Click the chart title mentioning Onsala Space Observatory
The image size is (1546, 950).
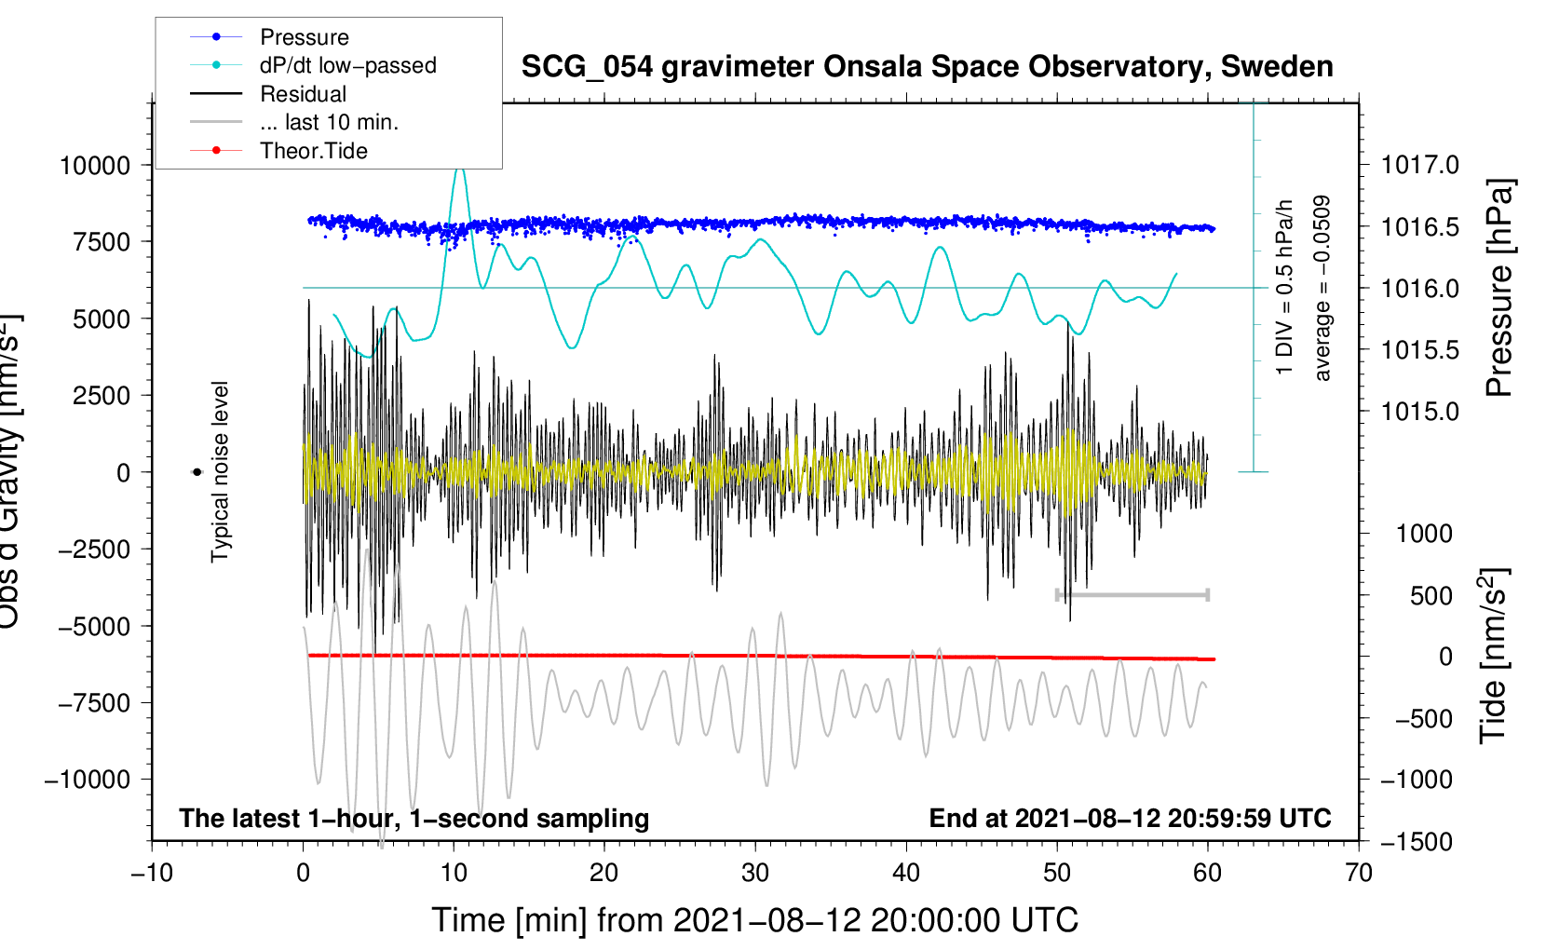coord(927,67)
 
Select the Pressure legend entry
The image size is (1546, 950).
coord(304,37)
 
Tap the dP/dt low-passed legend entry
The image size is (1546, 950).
coord(347,65)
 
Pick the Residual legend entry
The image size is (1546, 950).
coord(303,94)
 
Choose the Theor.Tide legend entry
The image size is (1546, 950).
coord(313,151)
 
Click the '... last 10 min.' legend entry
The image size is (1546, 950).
coord(329,122)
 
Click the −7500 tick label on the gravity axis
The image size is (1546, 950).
coord(94,703)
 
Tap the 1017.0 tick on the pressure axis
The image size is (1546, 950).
coord(1419,166)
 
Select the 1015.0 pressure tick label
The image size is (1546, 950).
coord(1419,412)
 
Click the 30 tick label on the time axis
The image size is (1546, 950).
coord(755,874)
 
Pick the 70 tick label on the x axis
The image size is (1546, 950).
coord(1359,874)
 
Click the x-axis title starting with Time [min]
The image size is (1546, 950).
coord(755,920)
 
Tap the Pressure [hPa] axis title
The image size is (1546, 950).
coord(1499,288)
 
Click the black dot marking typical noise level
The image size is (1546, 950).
coord(197,472)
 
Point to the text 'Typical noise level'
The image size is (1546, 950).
coord(220,472)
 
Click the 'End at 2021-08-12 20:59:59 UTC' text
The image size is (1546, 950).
coord(1130,819)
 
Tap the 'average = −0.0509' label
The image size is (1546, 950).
coord(1322,288)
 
